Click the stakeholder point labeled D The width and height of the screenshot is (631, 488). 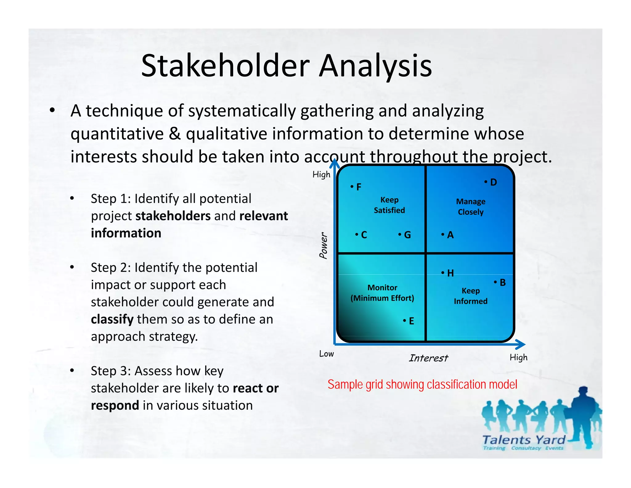(x=491, y=182)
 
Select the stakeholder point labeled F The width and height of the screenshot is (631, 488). (x=356, y=187)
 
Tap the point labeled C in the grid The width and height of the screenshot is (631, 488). (x=361, y=235)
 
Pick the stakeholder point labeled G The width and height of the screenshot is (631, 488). (x=405, y=235)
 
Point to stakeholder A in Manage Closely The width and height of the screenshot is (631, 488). (x=447, y=235)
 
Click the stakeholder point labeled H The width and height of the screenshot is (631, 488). (x=447, y=273)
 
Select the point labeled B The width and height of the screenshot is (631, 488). (x=500, y=283)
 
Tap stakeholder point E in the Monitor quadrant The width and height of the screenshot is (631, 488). (x=409, y=321)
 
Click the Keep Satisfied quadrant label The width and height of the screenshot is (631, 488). (x=389, y=205)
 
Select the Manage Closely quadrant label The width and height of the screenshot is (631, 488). (x=470, y=207)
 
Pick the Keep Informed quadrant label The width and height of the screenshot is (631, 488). (x=470, y=296)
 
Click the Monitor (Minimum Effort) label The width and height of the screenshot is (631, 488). (x=382, y=293)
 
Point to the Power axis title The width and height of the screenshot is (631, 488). (x=323, y=246)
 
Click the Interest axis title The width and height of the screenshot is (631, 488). (x=428, y=358)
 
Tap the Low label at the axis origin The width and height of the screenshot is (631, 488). (x=326, y=354)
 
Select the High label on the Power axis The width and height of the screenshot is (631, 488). (x=321, y=175)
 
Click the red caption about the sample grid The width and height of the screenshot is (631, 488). (x=422, y=385)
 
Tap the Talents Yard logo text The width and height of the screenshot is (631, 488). (x=524, y=440)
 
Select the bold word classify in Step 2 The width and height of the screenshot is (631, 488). (x=112, y=319)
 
